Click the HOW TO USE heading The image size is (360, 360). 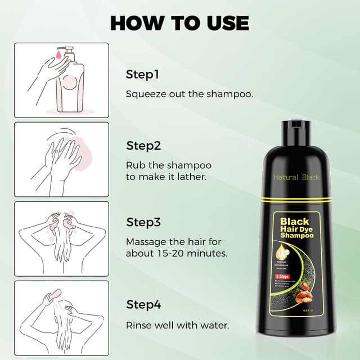[x=179, y=22]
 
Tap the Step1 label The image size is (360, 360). [x=143, y=74]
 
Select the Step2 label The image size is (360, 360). [x=144, y=146]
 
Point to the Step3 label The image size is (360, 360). [x=144, y=222]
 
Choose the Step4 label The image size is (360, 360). [x=144, y=305]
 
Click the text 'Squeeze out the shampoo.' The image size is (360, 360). [x=189, y=94]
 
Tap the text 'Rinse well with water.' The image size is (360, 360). [x=178, y=325]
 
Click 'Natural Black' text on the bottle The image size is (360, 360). [x=296, y=177]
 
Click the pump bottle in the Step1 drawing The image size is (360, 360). [x=70, y=82]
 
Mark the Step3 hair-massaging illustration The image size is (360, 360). [x=61, y=239]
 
